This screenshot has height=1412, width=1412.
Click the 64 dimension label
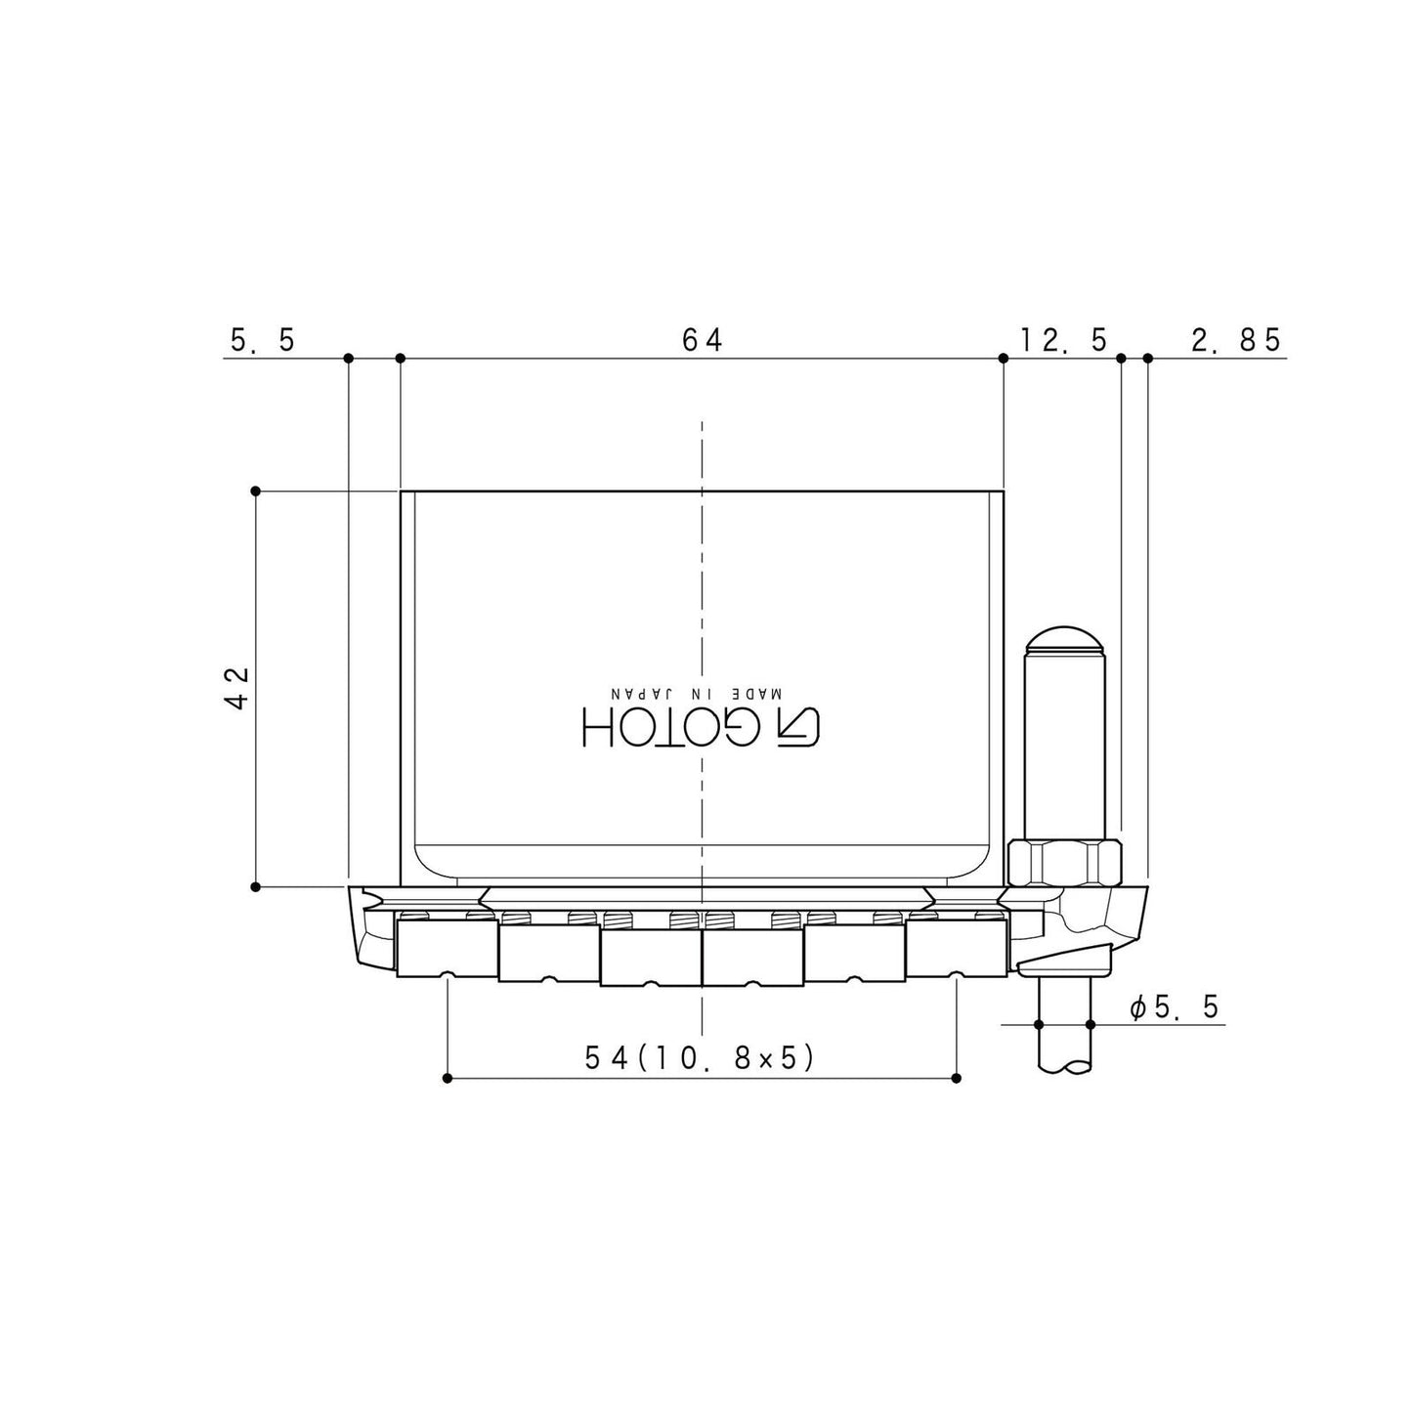pos(702,339)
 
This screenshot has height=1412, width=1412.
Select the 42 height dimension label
pos(237,687)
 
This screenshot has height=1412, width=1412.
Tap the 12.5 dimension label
pos(1063,339)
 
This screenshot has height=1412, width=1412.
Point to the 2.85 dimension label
pos(1235,339)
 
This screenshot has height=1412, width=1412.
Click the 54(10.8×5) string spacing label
pos(700,1057)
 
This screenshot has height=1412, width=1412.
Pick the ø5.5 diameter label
pos(1174,1006)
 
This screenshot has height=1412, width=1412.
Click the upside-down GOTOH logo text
pos(701,728)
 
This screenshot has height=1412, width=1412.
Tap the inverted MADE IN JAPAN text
pos(696,693)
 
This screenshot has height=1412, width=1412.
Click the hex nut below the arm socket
pos(1065,863)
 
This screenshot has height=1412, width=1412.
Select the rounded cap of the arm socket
pos(1065,640)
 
